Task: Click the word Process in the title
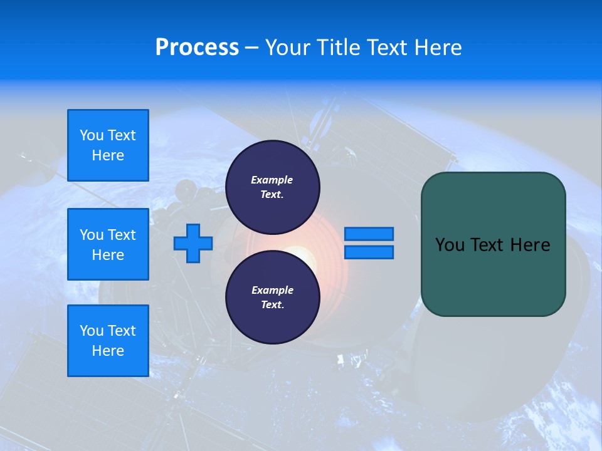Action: pos(197,48)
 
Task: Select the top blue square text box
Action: pos(108,145)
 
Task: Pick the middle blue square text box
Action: pos(108,244)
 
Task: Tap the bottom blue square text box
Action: pos(108,340)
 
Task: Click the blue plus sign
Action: pos(193,243)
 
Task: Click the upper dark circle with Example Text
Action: pos(272,187)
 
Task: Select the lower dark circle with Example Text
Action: pos(272,297)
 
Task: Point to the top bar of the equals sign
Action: pos(369,234)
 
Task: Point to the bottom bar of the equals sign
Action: pos(369,252)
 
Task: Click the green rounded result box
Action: pos(493,244)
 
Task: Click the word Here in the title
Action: pos(438,48)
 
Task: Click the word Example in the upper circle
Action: pos(272,180)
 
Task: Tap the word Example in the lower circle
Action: pos(272,290)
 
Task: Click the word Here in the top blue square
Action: pos(108,155)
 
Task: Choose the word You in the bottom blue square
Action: pos(91,330)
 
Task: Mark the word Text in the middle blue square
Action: pos(121,235)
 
